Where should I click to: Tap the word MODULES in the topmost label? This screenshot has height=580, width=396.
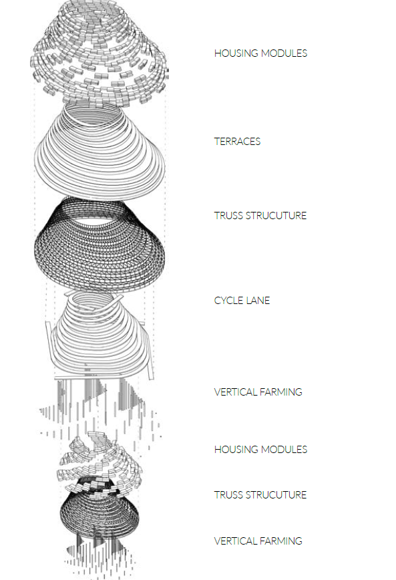click(x=284, y=53)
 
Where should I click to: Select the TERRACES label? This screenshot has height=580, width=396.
click(x=237, y=141)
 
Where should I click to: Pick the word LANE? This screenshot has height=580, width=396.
click(x=257, y=301)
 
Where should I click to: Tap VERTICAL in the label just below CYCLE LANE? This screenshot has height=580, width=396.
click(x=234, y=392)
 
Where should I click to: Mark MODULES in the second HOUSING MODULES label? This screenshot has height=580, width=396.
click(x=284, y=450)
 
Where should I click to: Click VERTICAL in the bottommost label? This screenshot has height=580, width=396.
click(x=234, y=541)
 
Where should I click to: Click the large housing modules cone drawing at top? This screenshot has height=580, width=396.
click(x=99, y=52)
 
